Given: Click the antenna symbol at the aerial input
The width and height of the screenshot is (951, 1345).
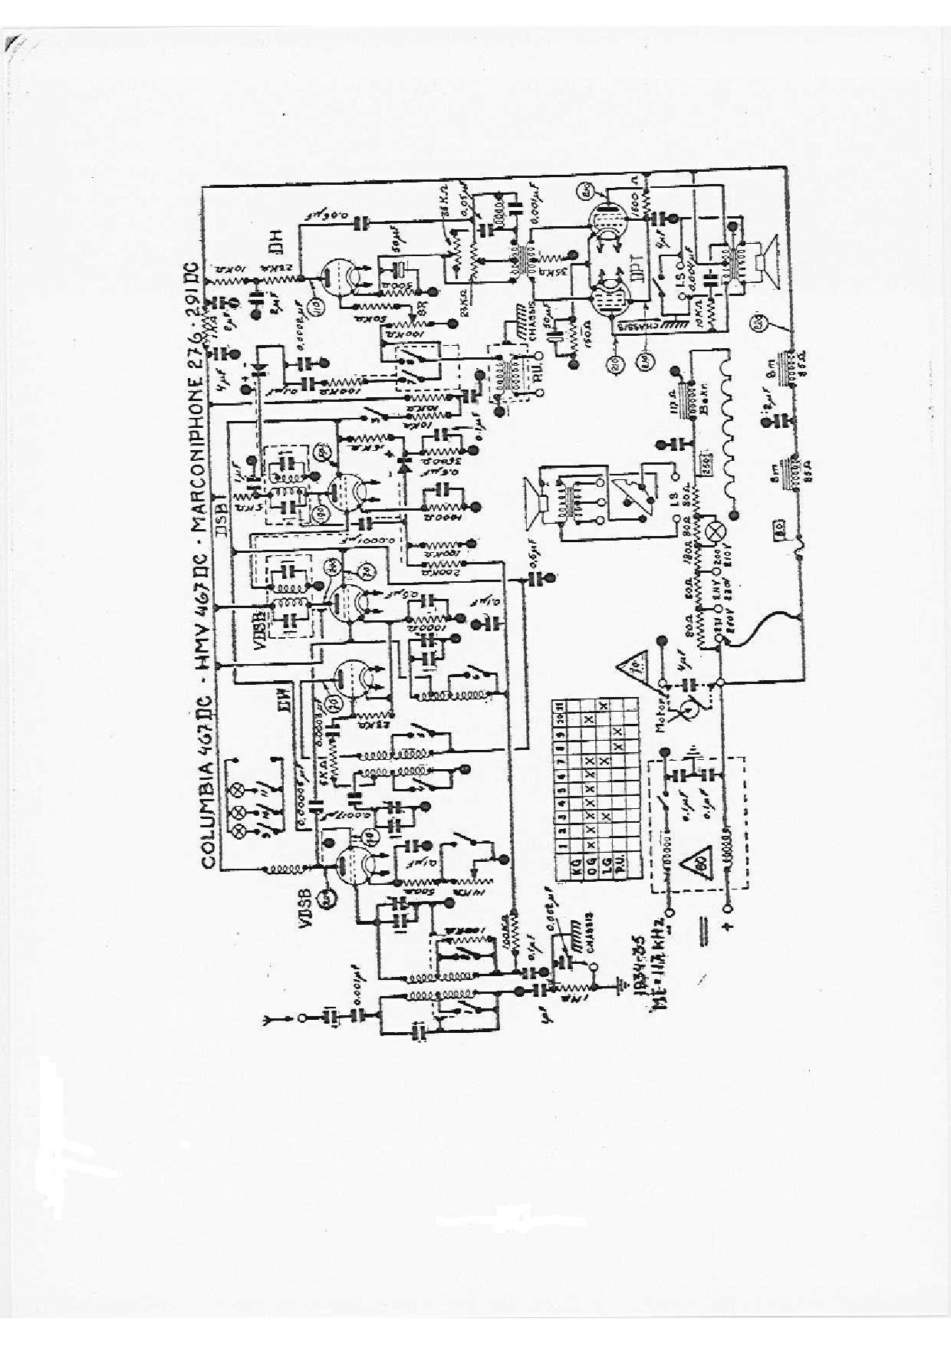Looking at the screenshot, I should [x=269, y=1019].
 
